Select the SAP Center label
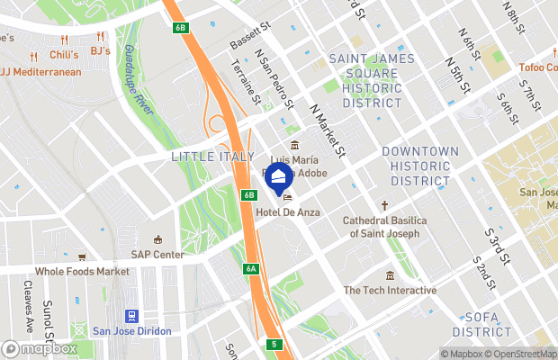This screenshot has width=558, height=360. (x=157, y=255)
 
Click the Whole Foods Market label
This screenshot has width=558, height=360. (x=82, y=271)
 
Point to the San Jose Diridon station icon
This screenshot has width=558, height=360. (x=131, y=316)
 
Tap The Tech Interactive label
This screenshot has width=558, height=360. (x=390, y=290)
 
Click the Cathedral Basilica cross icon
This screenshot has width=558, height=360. (x=385, y=205)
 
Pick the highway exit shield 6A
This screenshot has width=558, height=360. (x=251, y=268)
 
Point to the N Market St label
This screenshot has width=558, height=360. (x=328, y=128)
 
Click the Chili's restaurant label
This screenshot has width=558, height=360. (x=65, y=54)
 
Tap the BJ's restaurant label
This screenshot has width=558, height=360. (x=99, y=50)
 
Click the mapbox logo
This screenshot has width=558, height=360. (x=40, y=348)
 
